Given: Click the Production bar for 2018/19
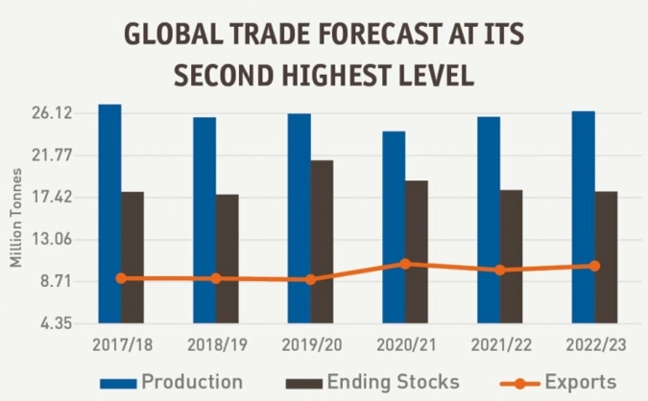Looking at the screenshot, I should click(204, 220).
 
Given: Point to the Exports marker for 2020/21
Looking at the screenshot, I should click(405, 264).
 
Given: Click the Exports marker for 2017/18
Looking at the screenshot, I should click(121, 278).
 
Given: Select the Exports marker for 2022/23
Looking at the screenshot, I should click(594, 266).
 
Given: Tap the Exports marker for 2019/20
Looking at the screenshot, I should click(310, 279).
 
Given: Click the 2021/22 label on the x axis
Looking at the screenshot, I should click(499, 343).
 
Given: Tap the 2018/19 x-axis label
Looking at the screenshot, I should click(216, 343).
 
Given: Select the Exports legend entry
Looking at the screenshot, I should click(580, 382).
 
